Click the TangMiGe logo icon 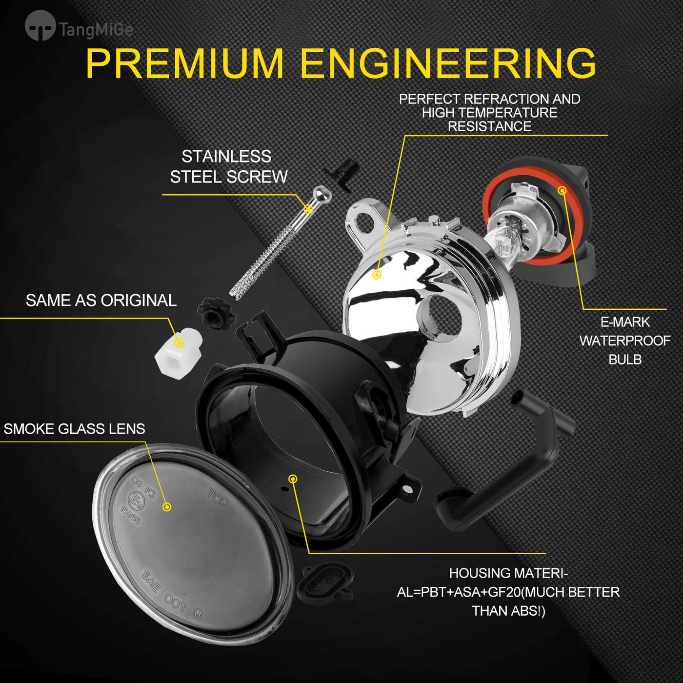click(40, 25)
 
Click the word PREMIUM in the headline click(185, 63)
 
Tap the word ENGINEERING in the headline click(449, 63)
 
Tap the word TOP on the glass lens click(218, 497)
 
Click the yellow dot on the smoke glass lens click(167, 507)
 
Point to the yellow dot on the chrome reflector click(377, 274)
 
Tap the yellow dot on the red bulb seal click(562, 191)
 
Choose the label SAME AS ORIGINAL click(101, 300)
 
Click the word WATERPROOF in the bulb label click(625, 341)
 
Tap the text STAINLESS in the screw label click(226, 156)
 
